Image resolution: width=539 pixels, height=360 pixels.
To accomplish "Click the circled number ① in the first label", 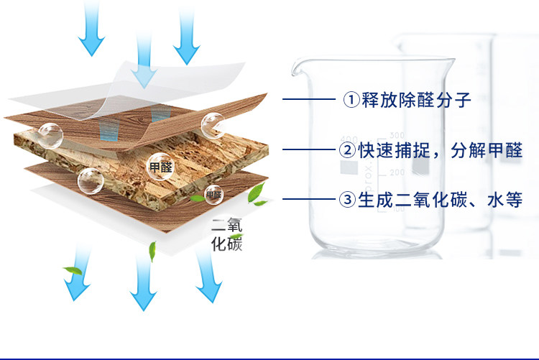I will tap(349, 100).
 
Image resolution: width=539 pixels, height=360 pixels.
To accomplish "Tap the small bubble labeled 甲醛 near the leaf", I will tap(214, 194).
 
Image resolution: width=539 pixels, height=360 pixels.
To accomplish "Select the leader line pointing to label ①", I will tap(309, 100).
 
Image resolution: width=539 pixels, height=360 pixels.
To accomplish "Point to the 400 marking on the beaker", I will tap(349, 139).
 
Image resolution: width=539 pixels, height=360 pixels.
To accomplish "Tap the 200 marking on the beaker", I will tap(397, 172).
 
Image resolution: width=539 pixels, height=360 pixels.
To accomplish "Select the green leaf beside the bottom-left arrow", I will tap(72, 271).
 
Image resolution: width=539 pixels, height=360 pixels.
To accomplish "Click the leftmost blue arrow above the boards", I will tap(92, 29).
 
